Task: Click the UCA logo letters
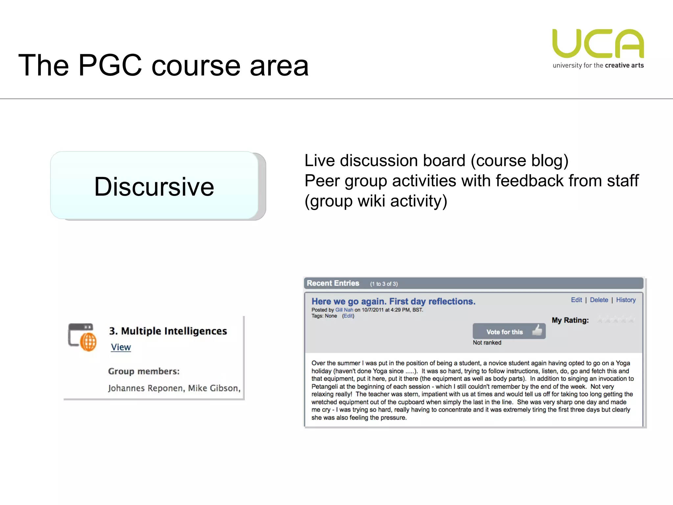598,44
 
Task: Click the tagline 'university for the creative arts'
598,65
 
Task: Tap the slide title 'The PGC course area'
163,65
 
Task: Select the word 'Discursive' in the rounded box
154,186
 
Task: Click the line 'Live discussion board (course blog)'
436,161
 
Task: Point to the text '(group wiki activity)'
376,201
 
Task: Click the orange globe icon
88,342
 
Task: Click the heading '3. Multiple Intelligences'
168,331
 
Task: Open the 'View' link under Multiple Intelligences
121,347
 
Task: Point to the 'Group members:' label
144,371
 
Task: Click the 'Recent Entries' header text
333,283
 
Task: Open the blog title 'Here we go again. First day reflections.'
393,301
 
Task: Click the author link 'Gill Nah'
344,310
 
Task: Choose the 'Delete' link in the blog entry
599,300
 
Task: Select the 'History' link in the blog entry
626,300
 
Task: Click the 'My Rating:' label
570,320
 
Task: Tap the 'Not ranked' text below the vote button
487,343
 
